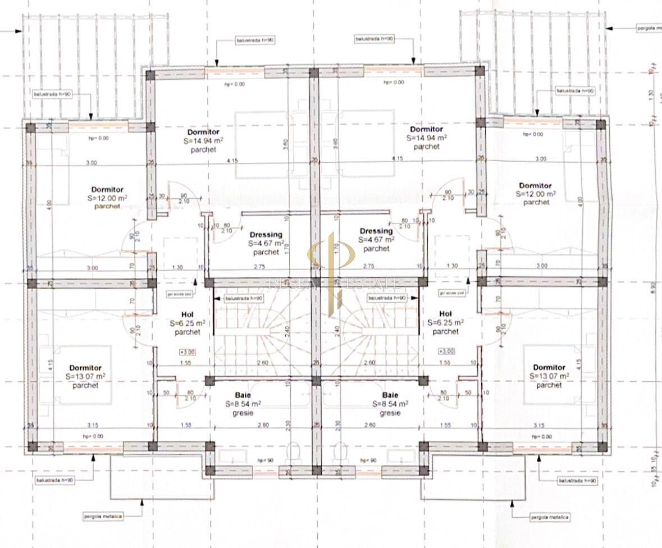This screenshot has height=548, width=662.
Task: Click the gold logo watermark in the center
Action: [x=331, y=264]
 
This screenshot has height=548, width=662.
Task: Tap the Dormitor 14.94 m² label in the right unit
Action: [x=426, y=130]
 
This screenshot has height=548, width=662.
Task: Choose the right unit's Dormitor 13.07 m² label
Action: [x=549, y=368]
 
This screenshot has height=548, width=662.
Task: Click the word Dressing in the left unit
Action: [x=267, y=235]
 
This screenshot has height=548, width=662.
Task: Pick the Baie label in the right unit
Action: [x=390, y=395]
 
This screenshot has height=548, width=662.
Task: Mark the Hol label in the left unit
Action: [x=188, y=314]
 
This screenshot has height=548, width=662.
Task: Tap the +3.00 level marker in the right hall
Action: [x=446, y=351]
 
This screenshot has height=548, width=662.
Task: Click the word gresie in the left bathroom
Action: [x=243, y=413]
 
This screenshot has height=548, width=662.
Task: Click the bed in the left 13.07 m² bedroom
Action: [x=84, y=375]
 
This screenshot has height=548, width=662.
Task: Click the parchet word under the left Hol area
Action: [x=188, y=332]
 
